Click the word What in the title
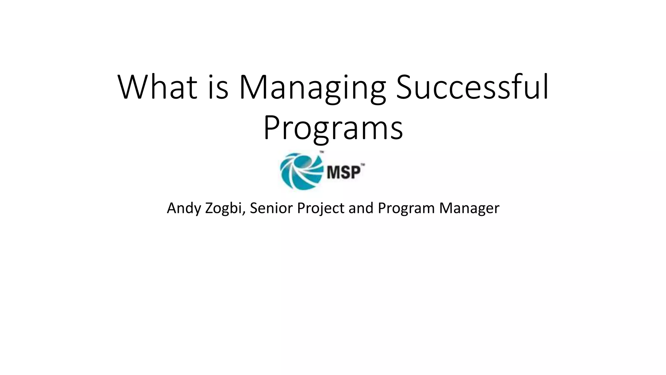tap(157, 87)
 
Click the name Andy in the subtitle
tap(184, 208)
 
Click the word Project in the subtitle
tap(321, 208)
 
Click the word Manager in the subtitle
tap(469, 208)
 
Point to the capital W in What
tap(134, 87)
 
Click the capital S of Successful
tap(405, 87)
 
